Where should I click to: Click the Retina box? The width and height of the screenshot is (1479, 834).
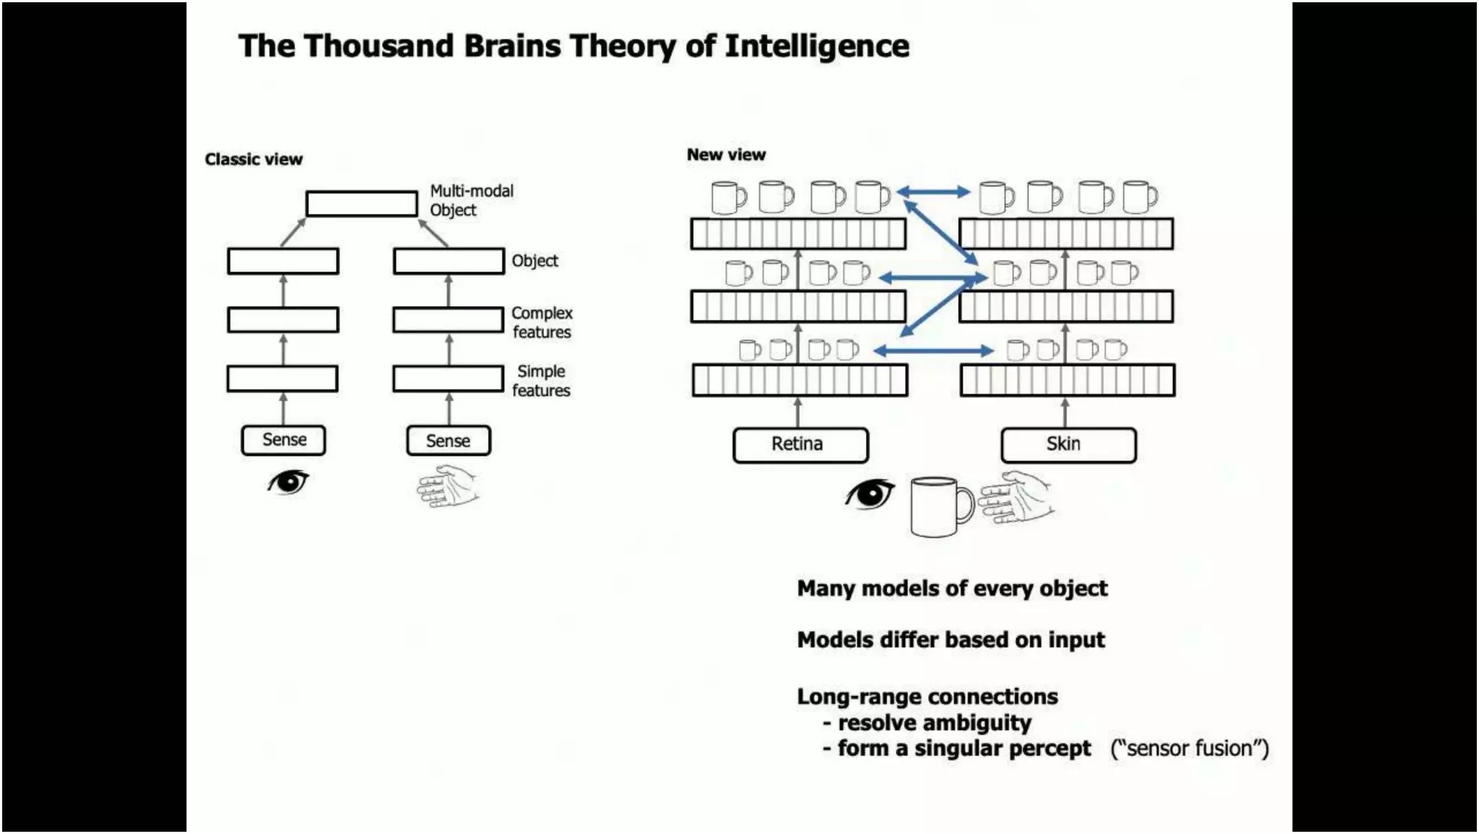(799, 445)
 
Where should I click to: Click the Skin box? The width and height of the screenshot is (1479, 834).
(1067, 445)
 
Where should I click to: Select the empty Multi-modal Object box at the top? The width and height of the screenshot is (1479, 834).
(361, 204)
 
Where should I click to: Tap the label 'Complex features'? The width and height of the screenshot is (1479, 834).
(542, 323)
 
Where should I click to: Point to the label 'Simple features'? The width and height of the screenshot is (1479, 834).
(541, 381)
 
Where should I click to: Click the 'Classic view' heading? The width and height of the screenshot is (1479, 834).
(253, 160)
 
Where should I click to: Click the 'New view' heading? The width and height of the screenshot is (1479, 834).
(726, 155)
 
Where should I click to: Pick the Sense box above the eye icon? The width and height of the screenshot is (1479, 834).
(283, 440)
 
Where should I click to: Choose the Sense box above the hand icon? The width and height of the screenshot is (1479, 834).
(448, 440)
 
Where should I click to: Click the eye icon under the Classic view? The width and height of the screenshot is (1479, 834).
(287, 482)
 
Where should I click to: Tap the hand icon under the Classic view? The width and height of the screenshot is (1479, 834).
(448, 486)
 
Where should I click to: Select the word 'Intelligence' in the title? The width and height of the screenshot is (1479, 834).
(816, 46)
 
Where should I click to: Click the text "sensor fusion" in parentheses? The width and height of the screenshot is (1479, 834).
(1189, 748)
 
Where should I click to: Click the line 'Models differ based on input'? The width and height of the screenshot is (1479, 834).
(950, 640)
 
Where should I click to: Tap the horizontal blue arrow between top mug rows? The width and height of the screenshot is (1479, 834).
(932, 192)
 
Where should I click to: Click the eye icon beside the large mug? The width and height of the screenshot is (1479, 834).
(869, 495)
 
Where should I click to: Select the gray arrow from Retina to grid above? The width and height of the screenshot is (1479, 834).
(797, 412)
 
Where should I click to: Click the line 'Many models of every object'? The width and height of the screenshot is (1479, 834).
(951, 588)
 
